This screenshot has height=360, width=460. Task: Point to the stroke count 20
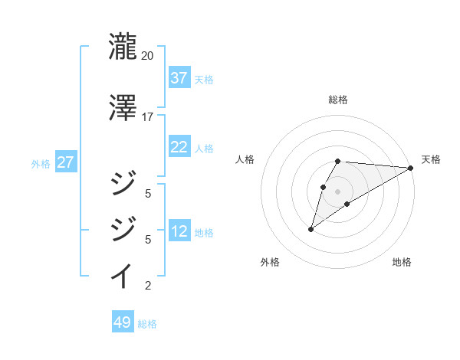147,56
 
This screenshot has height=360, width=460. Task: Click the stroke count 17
147,117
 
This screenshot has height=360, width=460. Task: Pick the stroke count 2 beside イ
147,286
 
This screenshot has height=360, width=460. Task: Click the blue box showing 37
179,77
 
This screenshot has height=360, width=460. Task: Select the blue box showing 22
179,147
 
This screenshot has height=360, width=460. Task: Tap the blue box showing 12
179,231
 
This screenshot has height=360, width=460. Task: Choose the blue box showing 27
65,162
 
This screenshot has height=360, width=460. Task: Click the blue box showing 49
123,322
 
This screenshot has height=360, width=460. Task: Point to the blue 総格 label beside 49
147,324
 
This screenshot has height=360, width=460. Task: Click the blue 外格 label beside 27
41,163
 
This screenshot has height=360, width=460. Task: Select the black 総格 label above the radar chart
338,100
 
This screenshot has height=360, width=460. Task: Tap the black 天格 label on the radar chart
431,159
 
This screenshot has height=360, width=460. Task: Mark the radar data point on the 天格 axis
412,168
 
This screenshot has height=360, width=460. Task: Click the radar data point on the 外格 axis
310,229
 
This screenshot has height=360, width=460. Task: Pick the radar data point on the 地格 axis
347,204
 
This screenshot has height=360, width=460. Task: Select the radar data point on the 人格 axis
323,186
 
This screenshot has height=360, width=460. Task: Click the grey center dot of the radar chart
338,191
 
